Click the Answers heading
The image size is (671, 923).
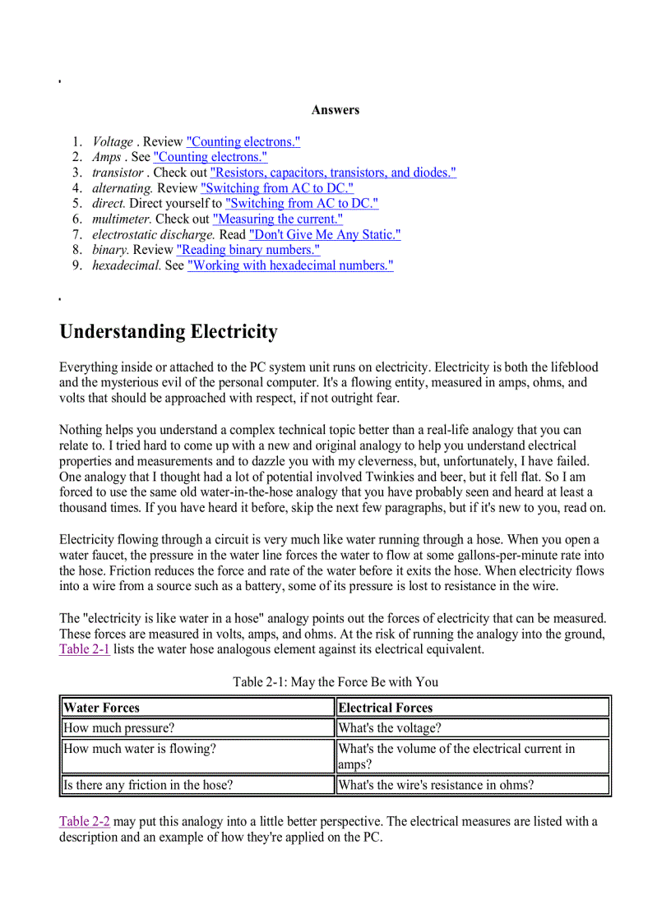(335, 110)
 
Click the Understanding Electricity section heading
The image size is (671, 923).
(169, 332)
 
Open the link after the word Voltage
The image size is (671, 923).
(243, 141)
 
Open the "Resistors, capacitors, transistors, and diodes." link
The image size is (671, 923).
(333, 173)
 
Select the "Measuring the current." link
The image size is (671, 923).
(277, 219)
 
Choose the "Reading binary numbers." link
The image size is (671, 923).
(248, 250)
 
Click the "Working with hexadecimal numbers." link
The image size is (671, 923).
(290, 265)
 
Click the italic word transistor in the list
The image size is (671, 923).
(118, 173)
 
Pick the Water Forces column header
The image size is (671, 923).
(102, 708)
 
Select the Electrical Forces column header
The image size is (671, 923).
(385, 708)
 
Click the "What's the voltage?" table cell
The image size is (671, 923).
(390, 728)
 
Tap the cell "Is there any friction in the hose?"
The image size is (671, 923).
(148, 785)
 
